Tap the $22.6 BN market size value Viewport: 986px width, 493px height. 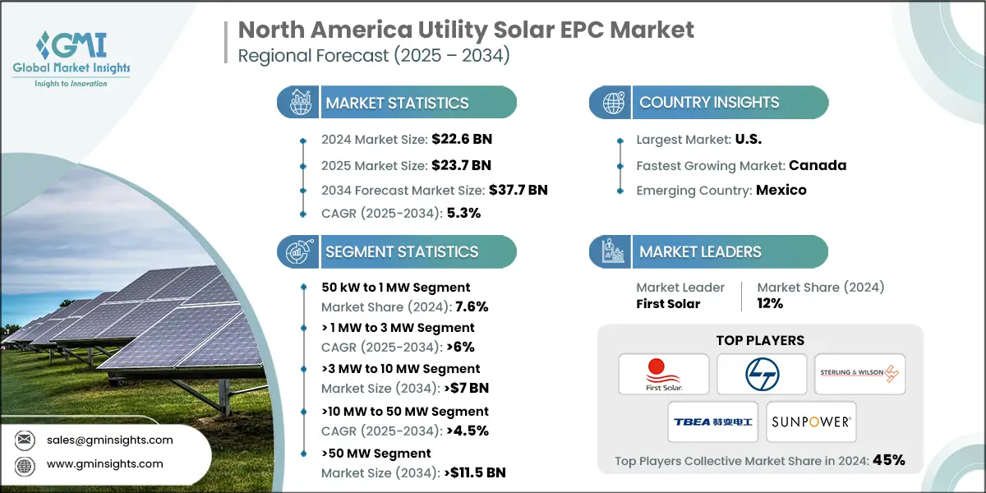point(463,139)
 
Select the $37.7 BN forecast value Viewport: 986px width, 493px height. point(514,190)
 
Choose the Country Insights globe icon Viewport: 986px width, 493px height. point(612,103)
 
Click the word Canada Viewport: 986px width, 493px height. point(817,165)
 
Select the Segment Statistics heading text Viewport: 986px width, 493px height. point(402,251)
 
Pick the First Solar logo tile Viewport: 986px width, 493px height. point(664,375)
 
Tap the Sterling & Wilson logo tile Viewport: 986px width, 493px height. point(859,375)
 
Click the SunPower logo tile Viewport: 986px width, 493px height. point(811,422)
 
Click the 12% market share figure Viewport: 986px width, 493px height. point(770,303)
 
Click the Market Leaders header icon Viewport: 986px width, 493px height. point(612,251)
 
